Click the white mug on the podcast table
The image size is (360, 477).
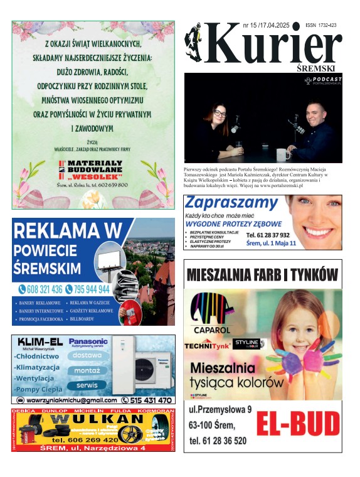pos(283,153)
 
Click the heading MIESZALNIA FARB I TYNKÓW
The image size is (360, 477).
pos(263,274)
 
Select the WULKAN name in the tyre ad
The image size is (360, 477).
pos(94,419)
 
